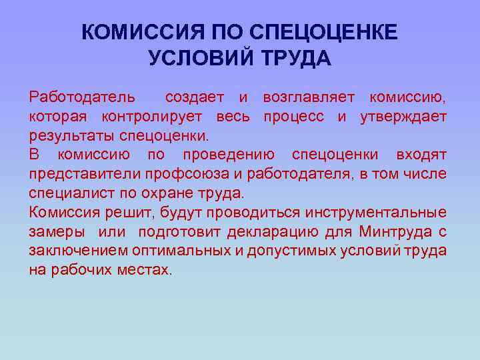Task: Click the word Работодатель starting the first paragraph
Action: (x=81, y=98)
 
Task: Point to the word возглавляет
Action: (x=308, y=98)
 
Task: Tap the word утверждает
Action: (x=403, y=117)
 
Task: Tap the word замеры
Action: (x=56, y=233)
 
